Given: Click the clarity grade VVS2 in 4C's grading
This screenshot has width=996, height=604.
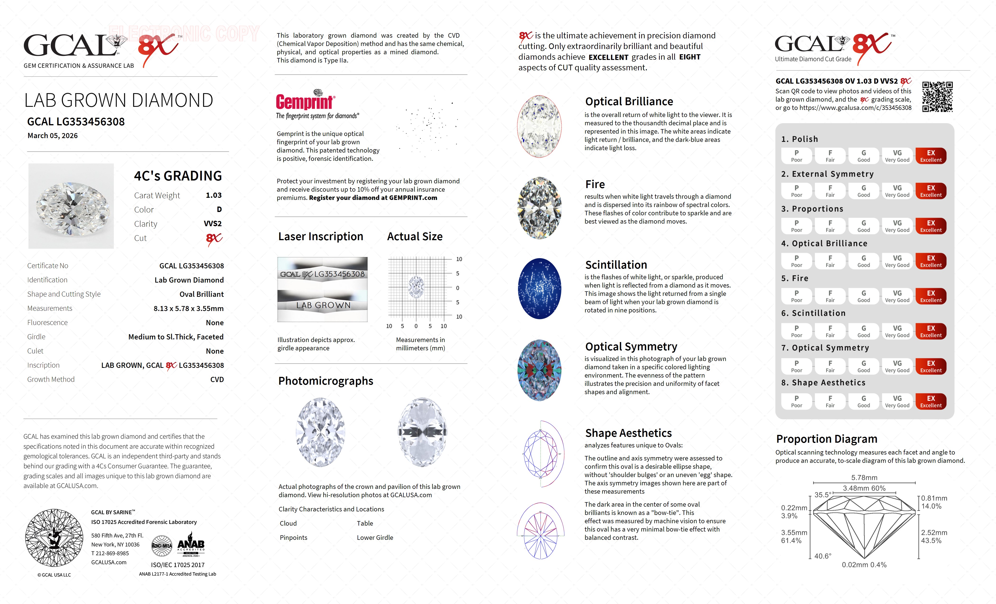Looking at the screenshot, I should [213, 224].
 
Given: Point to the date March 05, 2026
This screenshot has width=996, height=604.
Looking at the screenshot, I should [53, 136].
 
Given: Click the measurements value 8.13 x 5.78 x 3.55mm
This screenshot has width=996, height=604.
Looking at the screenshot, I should [188, 308].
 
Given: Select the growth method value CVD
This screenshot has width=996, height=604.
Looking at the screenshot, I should [217, 379].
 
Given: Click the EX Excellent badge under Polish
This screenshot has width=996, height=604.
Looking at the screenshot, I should [931, 156].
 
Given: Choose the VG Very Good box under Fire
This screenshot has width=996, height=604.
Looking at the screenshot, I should [897, 296].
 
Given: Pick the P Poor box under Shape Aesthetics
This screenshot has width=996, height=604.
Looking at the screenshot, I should [796, 401].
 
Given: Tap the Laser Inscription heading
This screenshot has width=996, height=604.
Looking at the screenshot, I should [321, 237].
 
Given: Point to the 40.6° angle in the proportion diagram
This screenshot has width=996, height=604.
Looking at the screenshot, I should [823, 556].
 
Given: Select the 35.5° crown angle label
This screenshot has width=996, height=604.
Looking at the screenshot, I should [823, 495].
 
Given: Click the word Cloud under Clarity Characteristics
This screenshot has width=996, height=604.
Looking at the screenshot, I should [288, 523].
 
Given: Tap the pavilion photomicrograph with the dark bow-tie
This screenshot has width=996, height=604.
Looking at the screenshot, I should [422, 432].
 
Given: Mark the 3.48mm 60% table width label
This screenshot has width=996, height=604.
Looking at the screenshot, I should [864, 488].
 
